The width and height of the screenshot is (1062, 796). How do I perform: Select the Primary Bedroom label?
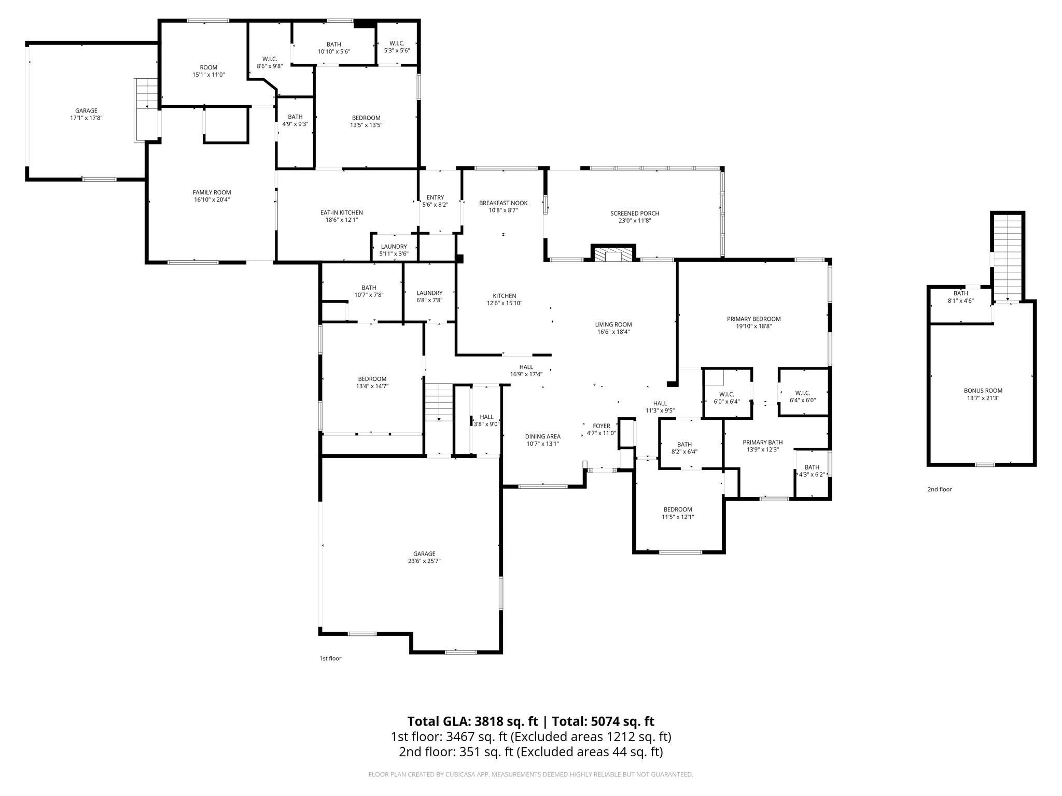click(753, 319)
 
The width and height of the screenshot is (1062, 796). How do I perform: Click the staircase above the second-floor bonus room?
click(1008, 257)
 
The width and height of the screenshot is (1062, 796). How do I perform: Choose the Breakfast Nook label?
click(502, 203)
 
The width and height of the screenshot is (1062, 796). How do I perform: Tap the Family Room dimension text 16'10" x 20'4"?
click(212, 200)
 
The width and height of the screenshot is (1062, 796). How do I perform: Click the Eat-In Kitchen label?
click(341, 212)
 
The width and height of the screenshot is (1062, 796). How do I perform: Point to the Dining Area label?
click(542, 436)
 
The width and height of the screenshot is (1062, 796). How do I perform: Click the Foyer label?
click(602, 426)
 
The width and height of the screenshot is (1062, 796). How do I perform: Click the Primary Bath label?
click(762, 442)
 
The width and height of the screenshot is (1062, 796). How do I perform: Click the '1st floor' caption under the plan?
click(330, 659)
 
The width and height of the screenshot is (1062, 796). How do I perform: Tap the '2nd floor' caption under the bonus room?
click(940, 489)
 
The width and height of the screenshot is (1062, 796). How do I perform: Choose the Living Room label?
click(613, 325)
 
